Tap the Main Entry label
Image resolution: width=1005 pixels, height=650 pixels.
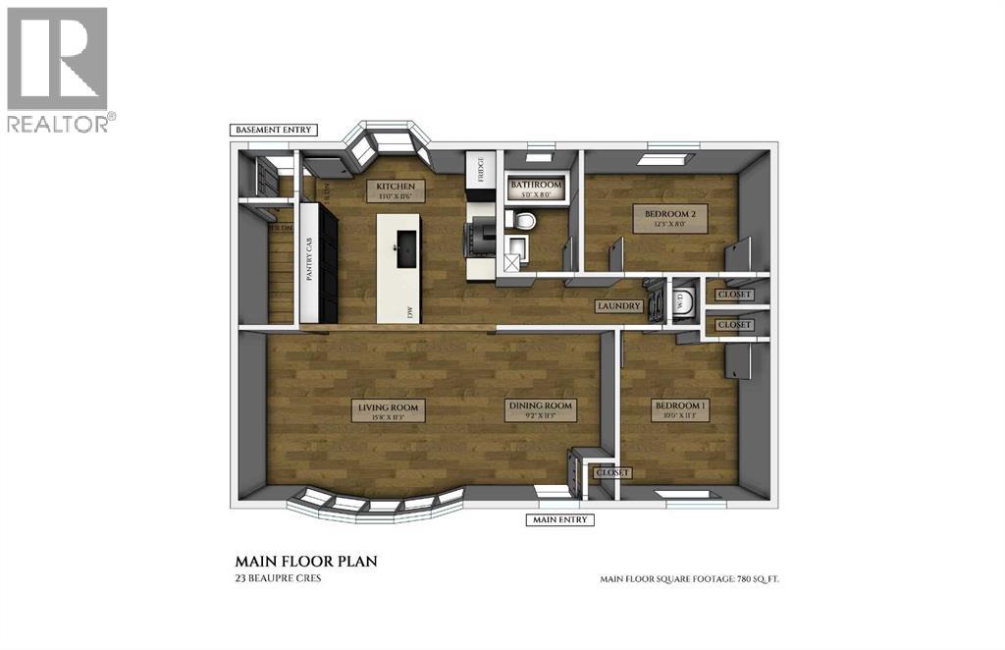[560, 519]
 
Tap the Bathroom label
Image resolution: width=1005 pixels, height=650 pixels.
[536, 185]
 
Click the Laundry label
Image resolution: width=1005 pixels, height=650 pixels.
[619, 306]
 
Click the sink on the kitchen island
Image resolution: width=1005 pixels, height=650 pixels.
[402, 246]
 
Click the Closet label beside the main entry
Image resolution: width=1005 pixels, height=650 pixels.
[610, 473]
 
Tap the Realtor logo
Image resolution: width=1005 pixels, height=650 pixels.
[58, 69]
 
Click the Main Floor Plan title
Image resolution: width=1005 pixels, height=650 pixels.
[306, 562]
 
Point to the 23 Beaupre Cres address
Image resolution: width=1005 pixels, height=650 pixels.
[278, 578]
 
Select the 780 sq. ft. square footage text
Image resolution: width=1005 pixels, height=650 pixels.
[689, 579]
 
